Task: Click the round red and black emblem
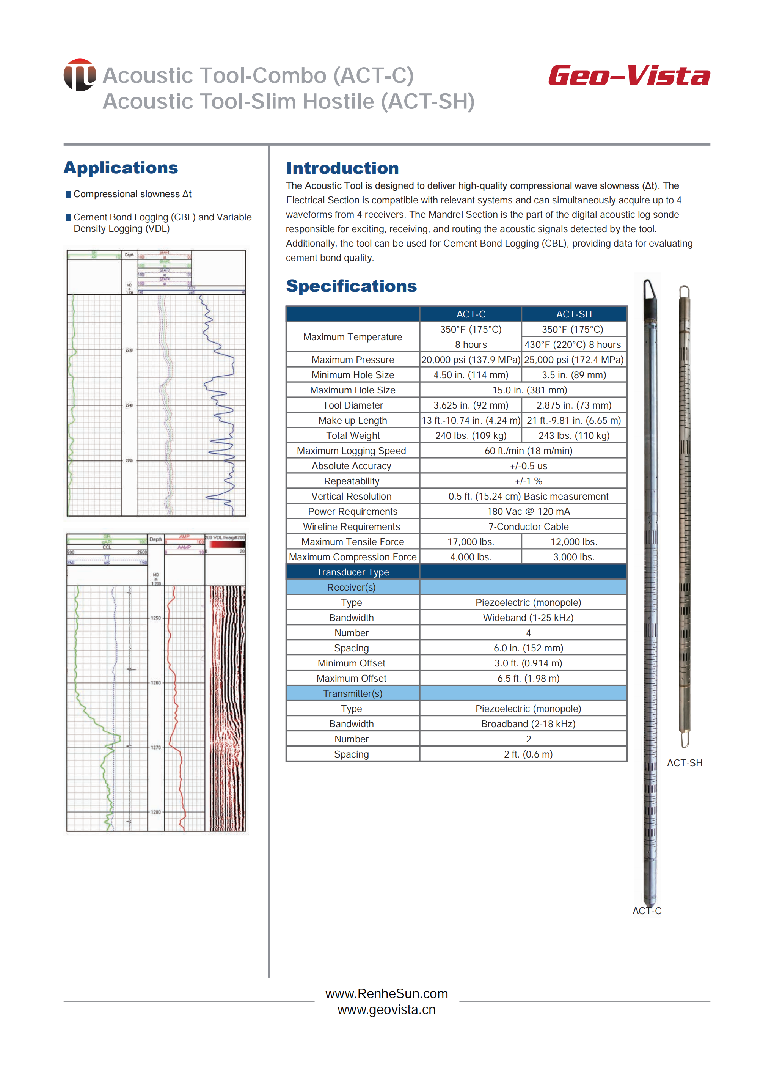pos(80,75)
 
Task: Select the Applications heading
pos(121,168)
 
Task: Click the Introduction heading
pos(342,168)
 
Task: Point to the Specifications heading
pos(351,286)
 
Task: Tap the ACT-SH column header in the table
pos(574,314)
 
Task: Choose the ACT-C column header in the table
pos(471,314)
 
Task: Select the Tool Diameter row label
pos(353,405)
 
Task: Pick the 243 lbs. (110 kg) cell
pos(574,436)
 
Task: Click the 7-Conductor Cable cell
pos(528,527)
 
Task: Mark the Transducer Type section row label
pos(353,572)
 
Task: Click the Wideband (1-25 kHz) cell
pos(528,618)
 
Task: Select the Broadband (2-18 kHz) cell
pos(528,724)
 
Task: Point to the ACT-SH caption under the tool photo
pos(685,763)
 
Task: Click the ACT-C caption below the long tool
pos(647,911)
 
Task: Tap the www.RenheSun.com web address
pos(386,994)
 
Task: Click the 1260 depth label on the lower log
pos(156,683)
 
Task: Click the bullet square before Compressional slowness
pos(69,195)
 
